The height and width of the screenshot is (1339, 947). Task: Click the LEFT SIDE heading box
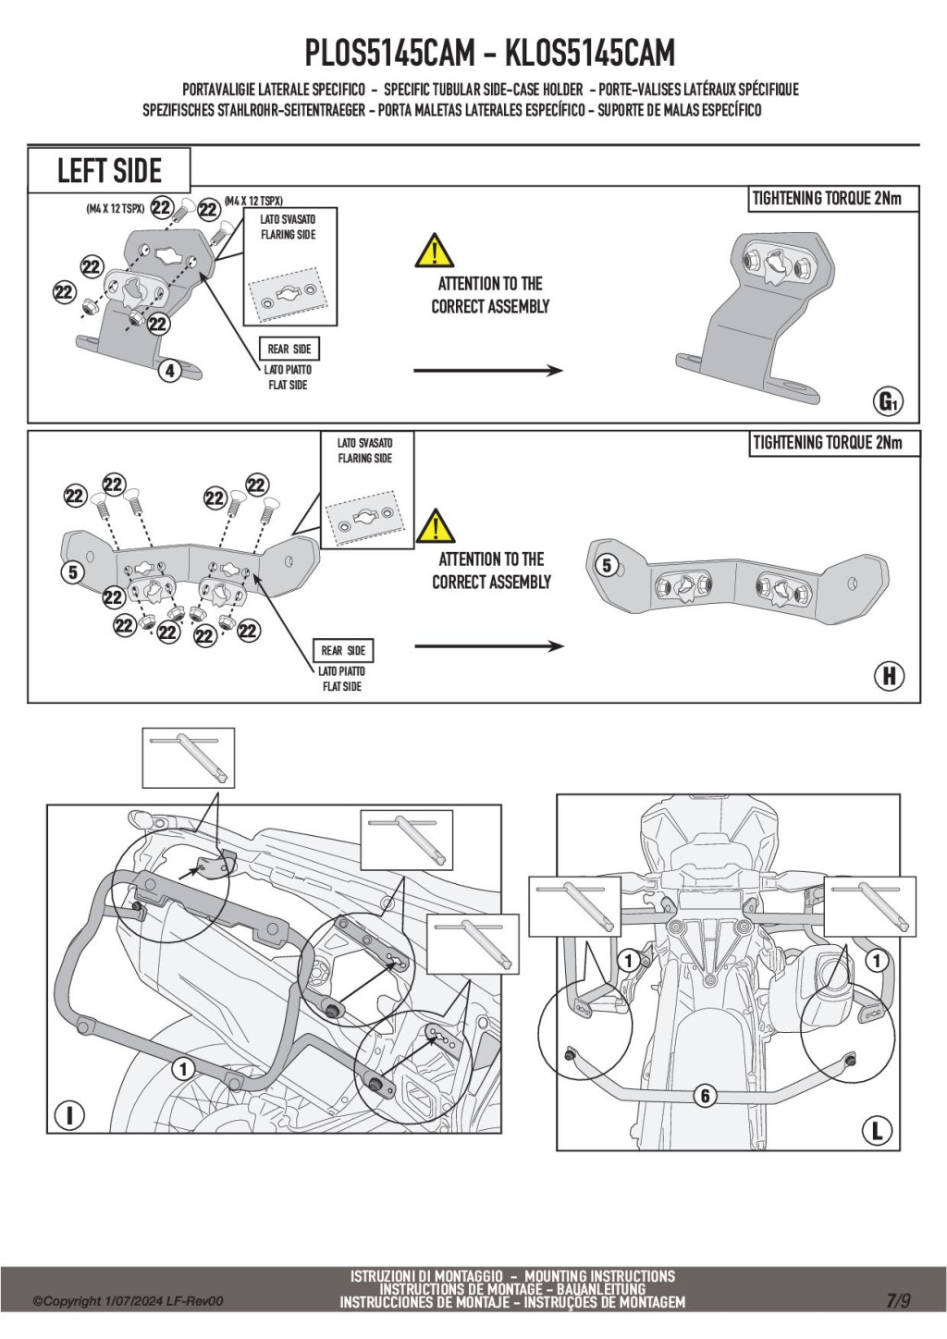click(x=109, y=171)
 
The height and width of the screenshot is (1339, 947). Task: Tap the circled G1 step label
click(x=888, y=401)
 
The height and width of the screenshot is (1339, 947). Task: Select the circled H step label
click(x=889, y=676)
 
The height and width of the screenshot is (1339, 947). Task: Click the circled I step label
click(x=69, y=1115)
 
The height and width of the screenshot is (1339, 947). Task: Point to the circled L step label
click(x=877, y=1129)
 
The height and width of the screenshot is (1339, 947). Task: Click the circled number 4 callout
click(x=169, y=371)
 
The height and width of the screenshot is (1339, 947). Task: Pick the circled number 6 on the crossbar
click(x=706, y=1096)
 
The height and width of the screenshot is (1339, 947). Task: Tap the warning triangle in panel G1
click(x=434, y=252)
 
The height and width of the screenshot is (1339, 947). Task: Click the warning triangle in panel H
click(x=435, y=526)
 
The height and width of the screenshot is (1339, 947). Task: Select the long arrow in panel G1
click(x=487, y=371)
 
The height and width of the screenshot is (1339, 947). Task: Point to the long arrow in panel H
click(x=488, y=646)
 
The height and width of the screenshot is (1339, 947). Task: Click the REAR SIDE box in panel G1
click(x=289, y=349)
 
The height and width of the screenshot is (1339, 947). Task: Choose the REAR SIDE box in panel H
click(x=343, y=650)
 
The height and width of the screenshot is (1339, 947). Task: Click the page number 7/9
click(x=898, y=1300)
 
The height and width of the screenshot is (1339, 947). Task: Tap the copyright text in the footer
click(x=129, y=1301)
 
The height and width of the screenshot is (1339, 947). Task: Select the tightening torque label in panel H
click(x=827, y=443)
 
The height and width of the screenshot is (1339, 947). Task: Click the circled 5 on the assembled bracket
click(x=607, y=565)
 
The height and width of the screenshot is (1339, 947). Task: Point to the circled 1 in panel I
click(x=183, y=1069)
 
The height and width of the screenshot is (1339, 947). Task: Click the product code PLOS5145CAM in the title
click(x=389, y=54)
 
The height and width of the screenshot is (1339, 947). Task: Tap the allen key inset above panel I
click(x=189, y=757)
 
